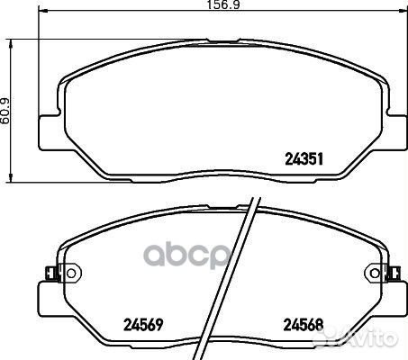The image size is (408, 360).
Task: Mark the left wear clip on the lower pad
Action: point(50,271)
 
